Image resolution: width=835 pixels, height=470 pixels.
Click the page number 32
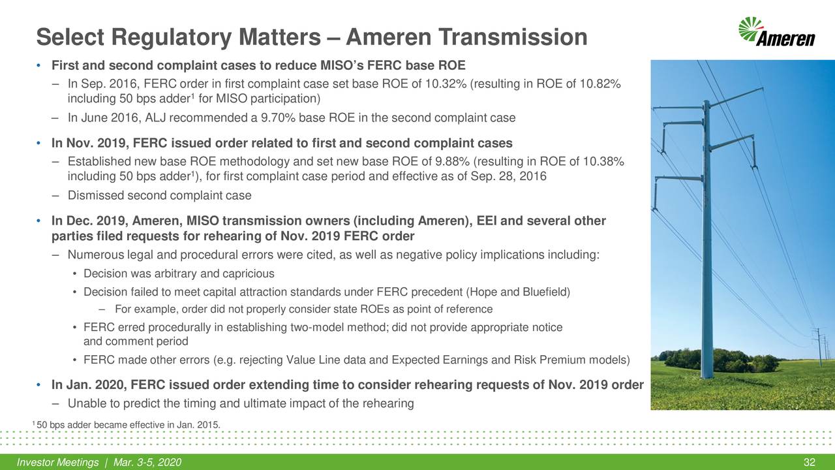pos(810,463)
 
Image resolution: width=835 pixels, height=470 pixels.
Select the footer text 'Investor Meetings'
pos(58,463)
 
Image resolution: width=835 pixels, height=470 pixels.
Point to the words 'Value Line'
pos(310,360)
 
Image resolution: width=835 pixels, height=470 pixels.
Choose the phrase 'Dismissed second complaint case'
pos(159,195)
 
